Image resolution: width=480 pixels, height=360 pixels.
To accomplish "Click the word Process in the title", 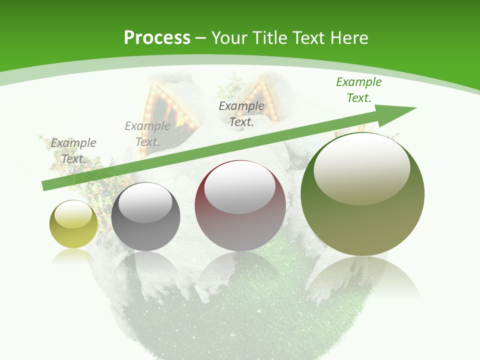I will pyautogui.click(x=157, y=37).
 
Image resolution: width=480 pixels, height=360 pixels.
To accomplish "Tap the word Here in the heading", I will pyautogui.click(x=349, y=37).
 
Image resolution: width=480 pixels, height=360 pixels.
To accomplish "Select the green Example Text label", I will pyautogui.click(x=358, y=90).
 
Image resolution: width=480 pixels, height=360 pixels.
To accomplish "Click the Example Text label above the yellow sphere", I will pyautogui.click(x=73, y=150).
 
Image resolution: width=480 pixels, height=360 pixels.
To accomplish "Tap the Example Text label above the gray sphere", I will pyautogui.click(x=147, y=133).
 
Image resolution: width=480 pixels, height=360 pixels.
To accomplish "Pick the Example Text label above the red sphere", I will pyautogui.click(x=241, y=113).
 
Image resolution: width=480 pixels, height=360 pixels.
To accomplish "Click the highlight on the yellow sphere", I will pyautogui.click(x=73, y=214).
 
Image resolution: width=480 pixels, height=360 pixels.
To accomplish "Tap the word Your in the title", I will pyautogui.click(x=228, y=37).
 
